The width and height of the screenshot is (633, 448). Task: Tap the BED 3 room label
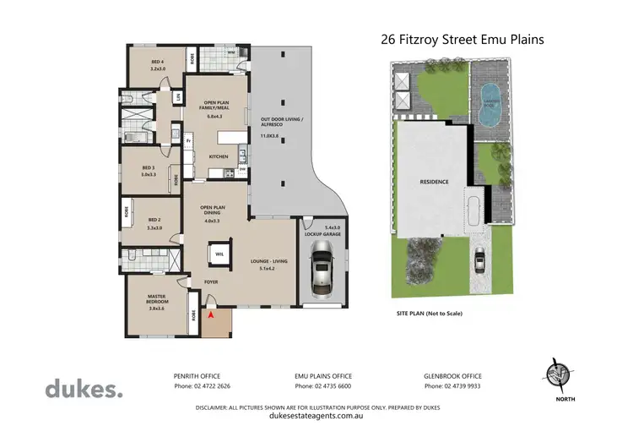tap(149, 170)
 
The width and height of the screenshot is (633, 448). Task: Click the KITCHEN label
tap(219, 157)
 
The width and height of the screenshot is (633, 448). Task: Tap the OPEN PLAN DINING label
tap(211, 212)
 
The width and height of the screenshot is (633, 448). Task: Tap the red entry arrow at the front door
tap(211, 316)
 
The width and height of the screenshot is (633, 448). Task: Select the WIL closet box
tap(219, 254)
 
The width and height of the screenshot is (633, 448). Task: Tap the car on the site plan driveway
tap(479, 262)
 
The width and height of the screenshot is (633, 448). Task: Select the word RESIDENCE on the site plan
tap(434, 182)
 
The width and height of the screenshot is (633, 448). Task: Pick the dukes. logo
tap(84, 390)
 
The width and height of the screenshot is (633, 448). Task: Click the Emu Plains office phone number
tap(322, 386)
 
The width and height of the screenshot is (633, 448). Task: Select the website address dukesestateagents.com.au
tap(316, 416)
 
